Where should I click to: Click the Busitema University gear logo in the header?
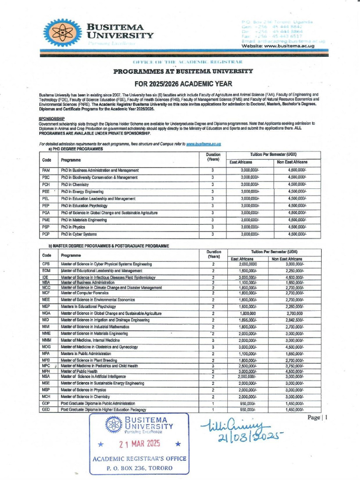click(x=61, y=33)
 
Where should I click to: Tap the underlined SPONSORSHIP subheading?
click(x=52, y=119)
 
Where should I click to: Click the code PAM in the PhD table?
click(x=46, y=170)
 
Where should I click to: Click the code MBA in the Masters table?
click(x=46, y=283)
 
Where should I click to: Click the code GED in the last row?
click(x=46, y=410)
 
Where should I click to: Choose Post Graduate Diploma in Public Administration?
click(x=98, y=403)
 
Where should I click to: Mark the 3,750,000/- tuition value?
click(x=294, y=366)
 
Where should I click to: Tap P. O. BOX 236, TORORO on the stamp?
click(x=139, y=468)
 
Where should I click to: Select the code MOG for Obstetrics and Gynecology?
click(x=46, y=347)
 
